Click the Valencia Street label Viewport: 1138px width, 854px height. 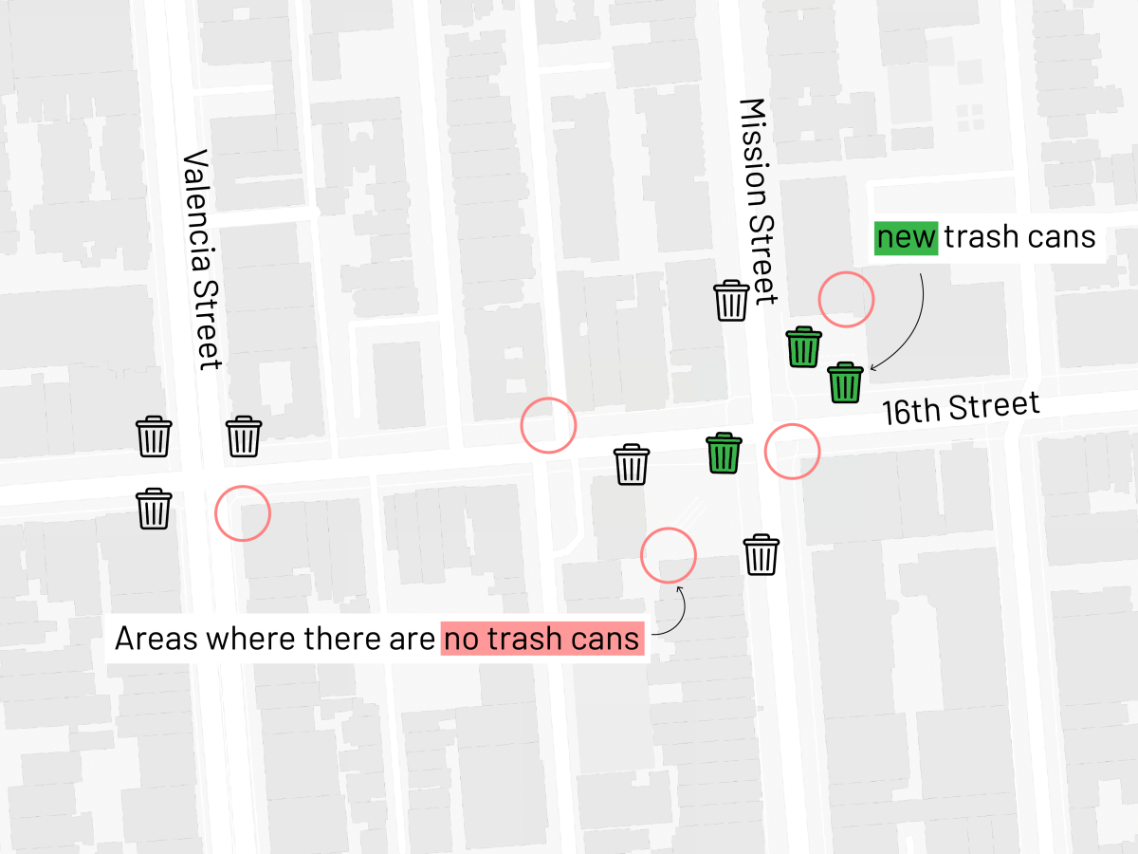pos(201,258)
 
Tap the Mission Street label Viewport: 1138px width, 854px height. pos(758,201)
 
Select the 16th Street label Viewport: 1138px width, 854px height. pos(960,407)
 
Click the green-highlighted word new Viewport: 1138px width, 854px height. pos(906,236)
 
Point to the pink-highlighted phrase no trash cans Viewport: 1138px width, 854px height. pos(542,639)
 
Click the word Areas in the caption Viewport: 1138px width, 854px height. pos(156,639)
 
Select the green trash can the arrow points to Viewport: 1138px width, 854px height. pos(845,382)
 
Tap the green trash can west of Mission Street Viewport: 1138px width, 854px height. pos(724,453)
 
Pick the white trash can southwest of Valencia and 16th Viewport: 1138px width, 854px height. pos(154,509)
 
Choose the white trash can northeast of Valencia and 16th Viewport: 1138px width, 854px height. pos(244,436)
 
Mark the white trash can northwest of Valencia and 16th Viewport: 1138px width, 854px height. pos(154,436)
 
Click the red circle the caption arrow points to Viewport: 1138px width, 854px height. pos(669,554)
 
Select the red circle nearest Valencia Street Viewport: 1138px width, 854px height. pos(243,513)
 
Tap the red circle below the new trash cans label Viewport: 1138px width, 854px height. pos(846,300)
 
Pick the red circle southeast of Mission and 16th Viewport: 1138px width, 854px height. pos(791,451)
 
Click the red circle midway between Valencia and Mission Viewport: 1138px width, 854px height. pos(548,424)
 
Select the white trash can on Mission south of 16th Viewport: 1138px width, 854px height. pos(761,555)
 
